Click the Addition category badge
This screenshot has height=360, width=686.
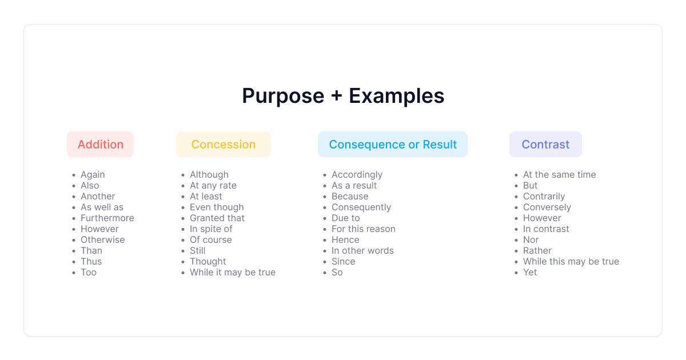[101, 144]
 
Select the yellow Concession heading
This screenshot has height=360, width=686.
[224, 144]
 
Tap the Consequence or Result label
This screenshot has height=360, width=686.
[393, 144]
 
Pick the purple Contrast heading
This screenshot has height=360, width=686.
[545, 144]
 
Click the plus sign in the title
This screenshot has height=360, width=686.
[337, 95]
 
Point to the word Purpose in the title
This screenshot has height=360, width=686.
[283, 97]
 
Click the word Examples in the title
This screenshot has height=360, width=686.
[396, 97]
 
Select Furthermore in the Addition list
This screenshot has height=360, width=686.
[107, 218]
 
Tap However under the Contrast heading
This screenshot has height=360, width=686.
[542, 218]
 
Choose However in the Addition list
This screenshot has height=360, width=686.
[99, 229]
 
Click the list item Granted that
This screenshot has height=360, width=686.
[217, 218]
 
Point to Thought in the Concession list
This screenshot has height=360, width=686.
[208, 262]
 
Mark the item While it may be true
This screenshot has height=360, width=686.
[233, 272]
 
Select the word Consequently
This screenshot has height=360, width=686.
[361, 207]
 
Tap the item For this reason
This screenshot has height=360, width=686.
[363, 229]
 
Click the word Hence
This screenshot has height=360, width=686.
[345, 239]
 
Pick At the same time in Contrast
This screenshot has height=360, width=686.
[559, 174]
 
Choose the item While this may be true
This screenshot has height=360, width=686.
[571, 262]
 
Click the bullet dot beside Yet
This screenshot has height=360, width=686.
[516, 273]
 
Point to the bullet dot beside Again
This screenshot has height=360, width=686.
[74, 175]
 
